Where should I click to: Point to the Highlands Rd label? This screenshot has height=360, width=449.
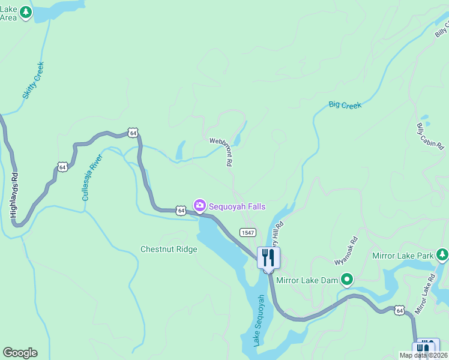(14, 195)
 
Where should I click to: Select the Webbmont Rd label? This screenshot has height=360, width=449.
(221, 151)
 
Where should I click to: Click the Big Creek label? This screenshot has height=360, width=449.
(345, 105)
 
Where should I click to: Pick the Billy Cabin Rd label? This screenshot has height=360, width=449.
(430, 137)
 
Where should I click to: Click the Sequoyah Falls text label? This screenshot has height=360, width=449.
(237, 206)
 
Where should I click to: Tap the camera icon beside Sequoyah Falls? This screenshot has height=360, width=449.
(200, 206)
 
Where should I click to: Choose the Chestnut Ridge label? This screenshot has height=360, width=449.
(169, 249)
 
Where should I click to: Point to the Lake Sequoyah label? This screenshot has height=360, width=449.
(258, 320)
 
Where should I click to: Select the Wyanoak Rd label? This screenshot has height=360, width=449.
(346, 251)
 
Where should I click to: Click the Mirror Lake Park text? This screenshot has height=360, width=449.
(403, 256)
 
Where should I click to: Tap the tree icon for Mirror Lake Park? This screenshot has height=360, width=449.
(442, 255)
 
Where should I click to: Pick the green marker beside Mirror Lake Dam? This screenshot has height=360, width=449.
(346, 280)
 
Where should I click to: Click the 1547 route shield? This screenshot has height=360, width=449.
(247, 232)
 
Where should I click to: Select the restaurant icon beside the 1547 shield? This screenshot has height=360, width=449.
(268, 258)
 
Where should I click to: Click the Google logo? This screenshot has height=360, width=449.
(20, 353)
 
